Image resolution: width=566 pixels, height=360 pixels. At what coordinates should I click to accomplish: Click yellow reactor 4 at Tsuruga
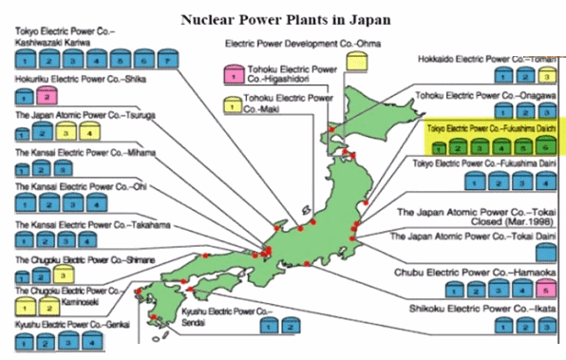83,132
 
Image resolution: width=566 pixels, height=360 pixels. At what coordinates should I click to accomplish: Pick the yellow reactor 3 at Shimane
60,275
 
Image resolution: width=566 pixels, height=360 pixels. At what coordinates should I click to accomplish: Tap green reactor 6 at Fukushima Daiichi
543,147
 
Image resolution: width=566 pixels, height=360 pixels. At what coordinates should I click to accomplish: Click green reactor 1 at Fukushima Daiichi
440,147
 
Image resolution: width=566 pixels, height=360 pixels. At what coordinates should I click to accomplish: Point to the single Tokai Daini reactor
545,253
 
